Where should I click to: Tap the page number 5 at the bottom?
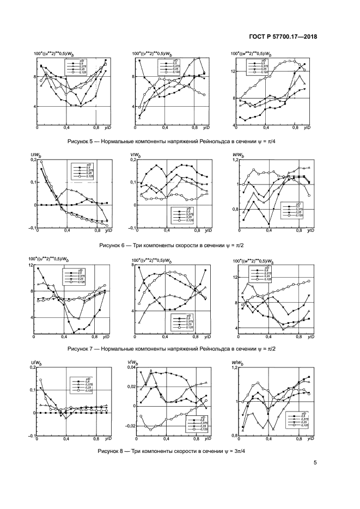click(x=315, y=463)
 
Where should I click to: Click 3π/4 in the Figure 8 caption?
click(x=239, y=451)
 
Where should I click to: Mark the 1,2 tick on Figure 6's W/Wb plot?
click(x=236, y=161)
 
